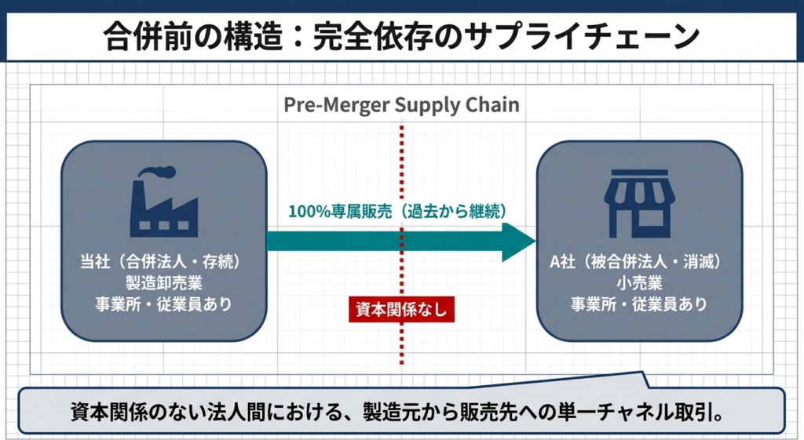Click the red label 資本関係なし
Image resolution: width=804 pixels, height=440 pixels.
click(x=402, y=310)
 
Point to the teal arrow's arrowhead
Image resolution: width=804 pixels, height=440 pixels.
click(x=518, y=242)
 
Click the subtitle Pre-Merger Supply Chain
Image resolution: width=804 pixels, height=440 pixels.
click(x=401, y=105)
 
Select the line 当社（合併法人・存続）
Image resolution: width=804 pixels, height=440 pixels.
click(x=163, y=261)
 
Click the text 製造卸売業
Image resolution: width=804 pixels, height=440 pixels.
click(x=163, y=282)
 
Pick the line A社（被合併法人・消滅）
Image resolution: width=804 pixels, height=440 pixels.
click(x=639, y=261)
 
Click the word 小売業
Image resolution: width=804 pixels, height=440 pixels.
click(x=639, y=282)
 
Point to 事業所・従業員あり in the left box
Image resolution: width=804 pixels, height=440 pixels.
click(x=163, y=304)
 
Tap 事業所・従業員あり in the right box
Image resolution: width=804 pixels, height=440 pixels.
click(x=639, y=304)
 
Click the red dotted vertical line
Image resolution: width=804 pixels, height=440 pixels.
click(x=402, y=157)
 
